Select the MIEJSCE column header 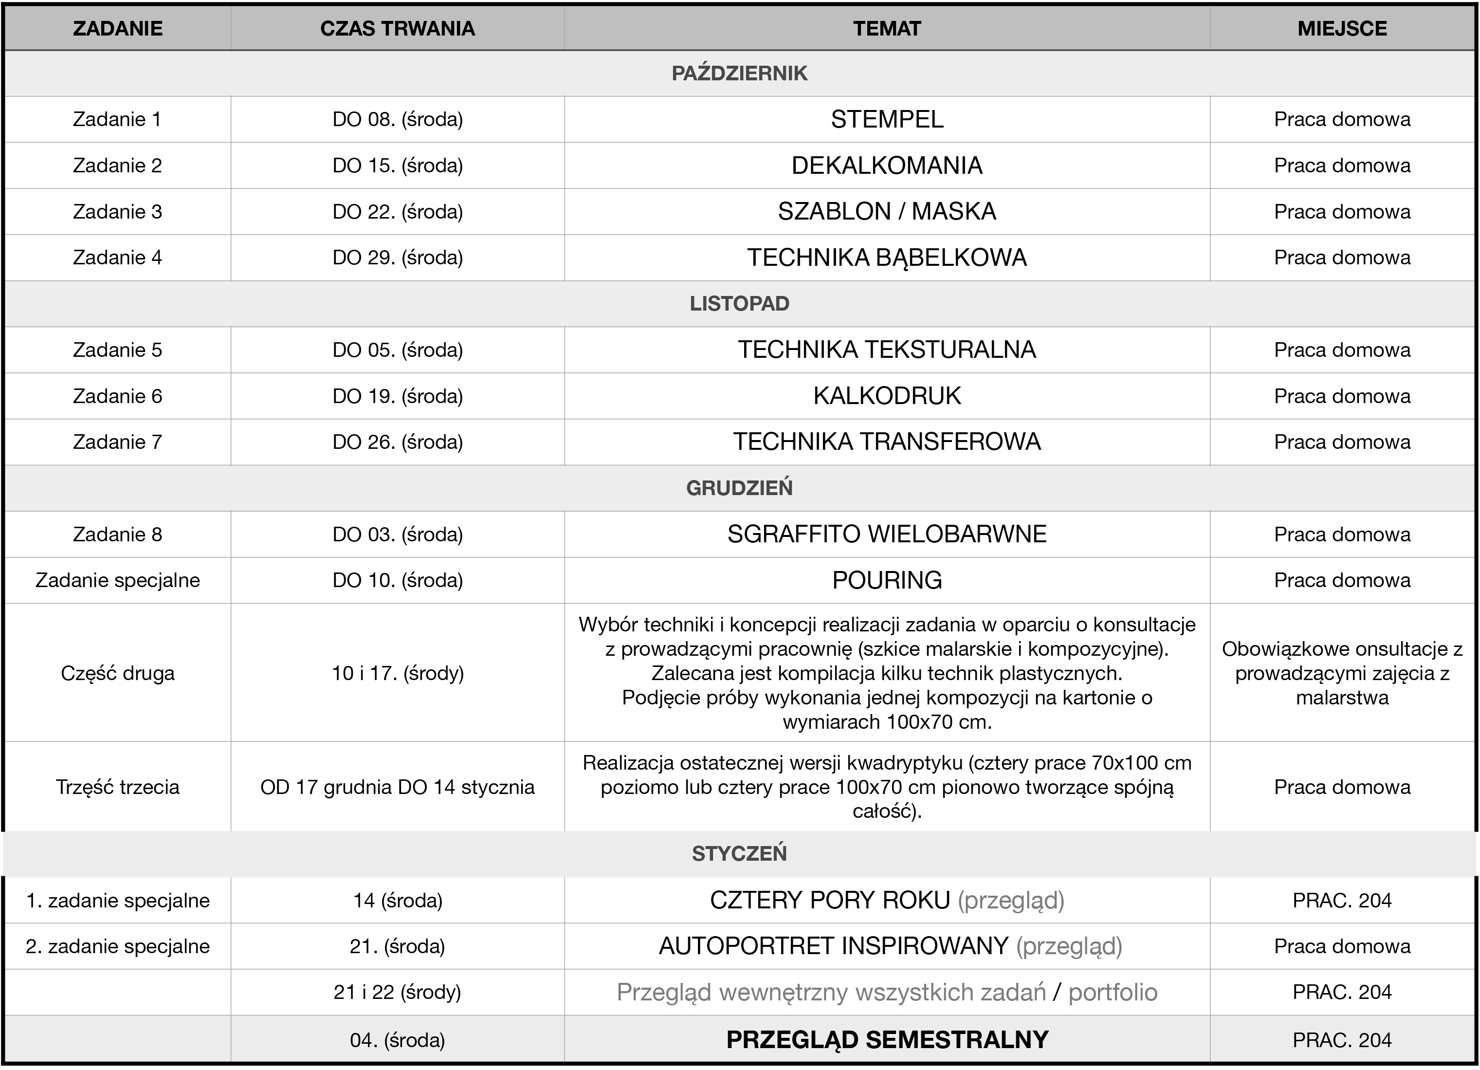[1342, 29]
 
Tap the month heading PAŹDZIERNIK [739, 73]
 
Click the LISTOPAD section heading [739, 304]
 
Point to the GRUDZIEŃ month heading [739, 488]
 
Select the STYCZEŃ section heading [739, 854]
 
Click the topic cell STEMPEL [887, 119]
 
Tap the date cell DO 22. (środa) [398, 212]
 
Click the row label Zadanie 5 [117, 350]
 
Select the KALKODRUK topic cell [887, 396]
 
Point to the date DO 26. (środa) [398, 442]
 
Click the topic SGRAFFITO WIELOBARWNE [887, 534]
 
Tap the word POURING [887, 580]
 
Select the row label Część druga [117, 673]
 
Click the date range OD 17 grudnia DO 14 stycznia [398, 787]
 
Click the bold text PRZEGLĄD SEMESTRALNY [887, 1040]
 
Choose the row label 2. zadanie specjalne [117, 947]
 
